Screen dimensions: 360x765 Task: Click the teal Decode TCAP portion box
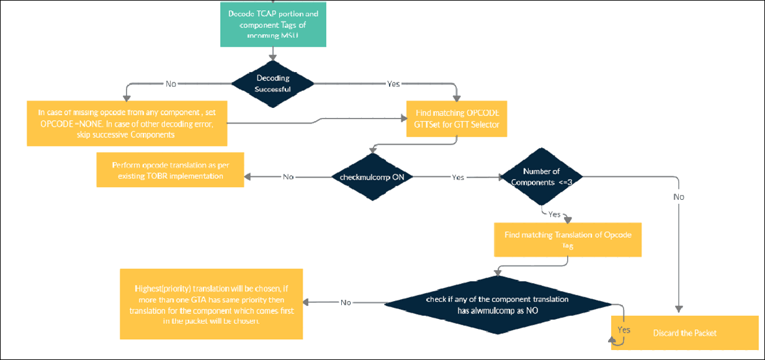[273, 23]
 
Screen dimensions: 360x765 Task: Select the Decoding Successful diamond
[273, 83]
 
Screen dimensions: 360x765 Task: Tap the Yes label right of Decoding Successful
[393, 83]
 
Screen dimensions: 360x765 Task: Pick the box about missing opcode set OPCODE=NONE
[127, 123]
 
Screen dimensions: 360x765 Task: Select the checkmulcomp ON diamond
[372, 177]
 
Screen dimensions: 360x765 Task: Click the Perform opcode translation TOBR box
[170, 171]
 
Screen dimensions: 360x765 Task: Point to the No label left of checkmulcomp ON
[288, 177]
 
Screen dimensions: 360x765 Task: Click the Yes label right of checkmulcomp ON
[458, 177]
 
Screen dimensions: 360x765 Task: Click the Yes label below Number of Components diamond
[554, 214]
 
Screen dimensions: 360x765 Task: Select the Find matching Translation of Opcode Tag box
[567, 240]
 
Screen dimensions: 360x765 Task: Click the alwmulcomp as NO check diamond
[506, 304]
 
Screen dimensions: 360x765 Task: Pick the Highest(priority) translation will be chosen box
[211, 304]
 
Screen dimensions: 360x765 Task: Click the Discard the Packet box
[684, 333]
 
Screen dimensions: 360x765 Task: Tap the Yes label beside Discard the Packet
[624, 330]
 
